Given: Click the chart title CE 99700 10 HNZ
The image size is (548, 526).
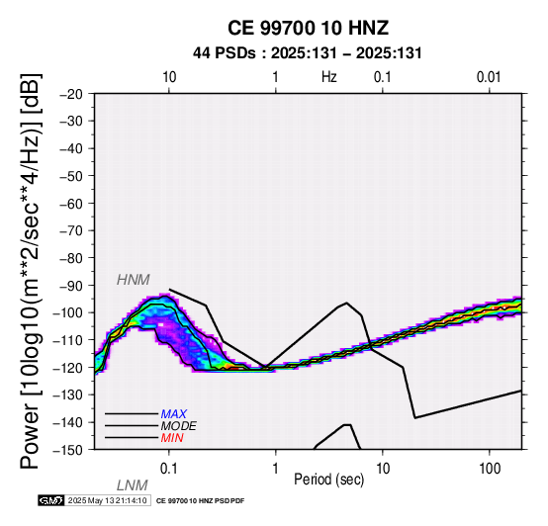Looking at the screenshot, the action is pyautogui.click(x=308, y=28).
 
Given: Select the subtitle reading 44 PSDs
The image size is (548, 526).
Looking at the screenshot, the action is pyautogui.click(x=224, y=53).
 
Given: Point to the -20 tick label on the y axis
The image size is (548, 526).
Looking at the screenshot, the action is pyautogui.click(x=71, y=94).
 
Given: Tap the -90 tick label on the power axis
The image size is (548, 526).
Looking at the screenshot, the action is pyautogui.click(x=71, y=286).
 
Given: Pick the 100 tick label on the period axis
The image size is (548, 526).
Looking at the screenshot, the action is pyautogui.click(x=490, y=468).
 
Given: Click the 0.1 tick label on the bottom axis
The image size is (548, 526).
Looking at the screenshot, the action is pyautogui.click(x=169, y=468).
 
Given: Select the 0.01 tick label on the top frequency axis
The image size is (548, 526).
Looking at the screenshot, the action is pyautogui.click(x=489, y=77).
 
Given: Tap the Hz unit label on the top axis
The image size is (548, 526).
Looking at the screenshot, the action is pyautogui.click(x=328, y=77).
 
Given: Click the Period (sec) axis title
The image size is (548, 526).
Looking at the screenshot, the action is pyautogui.click(x=328, y=480).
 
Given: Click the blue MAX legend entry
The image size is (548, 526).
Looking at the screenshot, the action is pyautogui.click(x=173, y=414).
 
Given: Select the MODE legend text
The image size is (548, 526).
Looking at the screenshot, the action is pyautogui.click(x=179, y=426).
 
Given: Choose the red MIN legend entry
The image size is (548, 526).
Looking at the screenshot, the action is pyautogui.click(x=172, y=438).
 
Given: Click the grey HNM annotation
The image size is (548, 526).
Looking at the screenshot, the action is pyautogui.click(x=134, y=280).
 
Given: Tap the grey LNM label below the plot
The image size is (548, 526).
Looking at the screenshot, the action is pyautogui.click(x=133, y=485).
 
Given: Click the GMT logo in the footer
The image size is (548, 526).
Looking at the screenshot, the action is pyautogui.click(x=51, y=500).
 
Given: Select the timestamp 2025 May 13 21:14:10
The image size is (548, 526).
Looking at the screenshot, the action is pyautogui.click(x=107, y=500).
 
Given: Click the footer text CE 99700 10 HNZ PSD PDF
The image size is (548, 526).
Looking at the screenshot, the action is pyautogui.click(x=200, y=501).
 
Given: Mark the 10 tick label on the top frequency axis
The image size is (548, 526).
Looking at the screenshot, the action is pyautogui.click(x=169, y=77).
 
